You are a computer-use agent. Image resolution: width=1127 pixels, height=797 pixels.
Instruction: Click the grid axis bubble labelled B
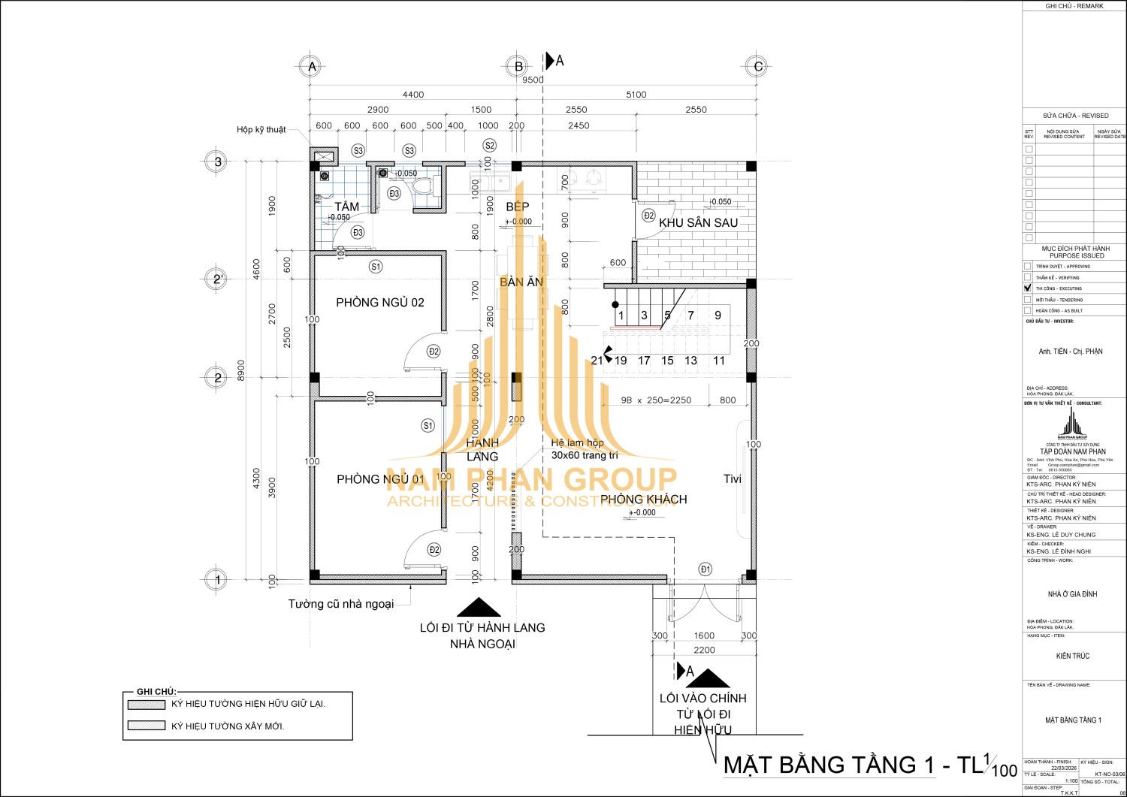(x=518, y=66)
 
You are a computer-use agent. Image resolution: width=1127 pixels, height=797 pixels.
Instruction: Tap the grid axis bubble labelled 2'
(x=218, y=279)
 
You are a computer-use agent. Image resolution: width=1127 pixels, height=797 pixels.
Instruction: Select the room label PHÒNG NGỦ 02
(x=380, y=303)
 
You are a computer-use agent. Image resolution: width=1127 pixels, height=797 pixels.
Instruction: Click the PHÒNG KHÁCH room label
(x=643, y=499)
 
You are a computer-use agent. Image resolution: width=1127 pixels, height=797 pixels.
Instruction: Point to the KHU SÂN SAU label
(x=698, y=222)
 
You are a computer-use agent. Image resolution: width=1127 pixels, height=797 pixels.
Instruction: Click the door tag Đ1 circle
(x=705, y=569)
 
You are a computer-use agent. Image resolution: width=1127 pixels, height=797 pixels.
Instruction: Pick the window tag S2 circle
(x=490, y=146)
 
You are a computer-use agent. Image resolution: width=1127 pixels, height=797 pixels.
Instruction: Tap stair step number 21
(x=597, y=361)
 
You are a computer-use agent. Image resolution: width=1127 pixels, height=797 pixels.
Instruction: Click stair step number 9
(x=718, y=315)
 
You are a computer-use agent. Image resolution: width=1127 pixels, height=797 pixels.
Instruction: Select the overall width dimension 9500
(x=533, y=80)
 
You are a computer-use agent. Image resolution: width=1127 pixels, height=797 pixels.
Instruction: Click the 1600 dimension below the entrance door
(x=704, y=635)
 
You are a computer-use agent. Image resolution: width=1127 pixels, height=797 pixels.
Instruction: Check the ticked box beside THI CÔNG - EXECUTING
(x=1028, y=288)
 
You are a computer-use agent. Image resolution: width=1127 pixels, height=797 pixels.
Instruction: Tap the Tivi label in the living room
(x=732, y=479)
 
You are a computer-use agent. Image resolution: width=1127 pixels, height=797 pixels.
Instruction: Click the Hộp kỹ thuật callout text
(x=261, y=130)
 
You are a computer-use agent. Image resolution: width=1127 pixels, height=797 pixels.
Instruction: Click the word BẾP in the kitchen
(x=517, y=207)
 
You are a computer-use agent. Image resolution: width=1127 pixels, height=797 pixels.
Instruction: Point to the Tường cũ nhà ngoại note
(x=341, y=604)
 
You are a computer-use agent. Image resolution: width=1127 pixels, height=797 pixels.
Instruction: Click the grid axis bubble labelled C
(x=758, y=66)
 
